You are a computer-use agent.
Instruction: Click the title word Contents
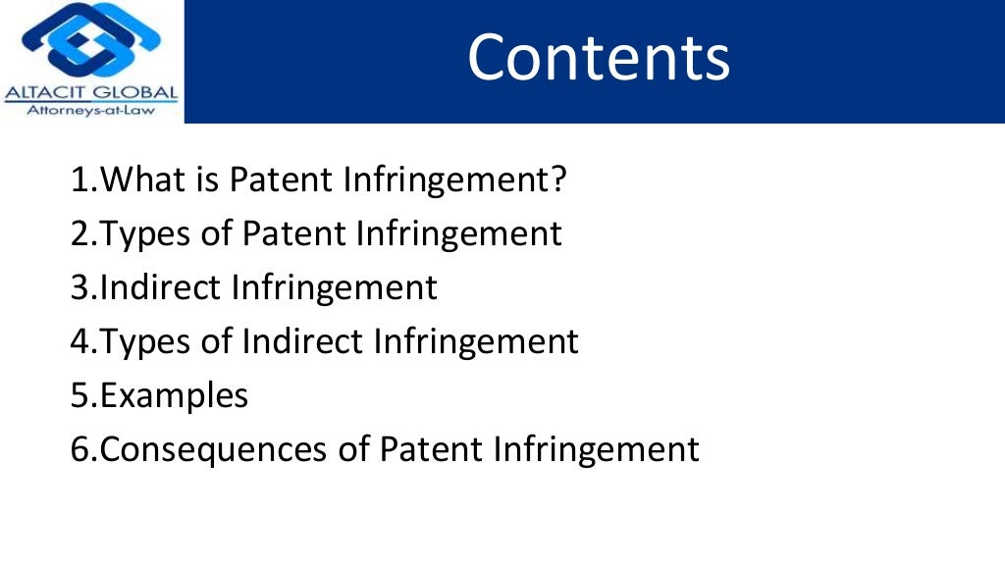[x=599, y=59]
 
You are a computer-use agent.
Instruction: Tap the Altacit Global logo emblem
[x=91, y=41]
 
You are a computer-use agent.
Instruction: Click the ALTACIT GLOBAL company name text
[x=91, y=94]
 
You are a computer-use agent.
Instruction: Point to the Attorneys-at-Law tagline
[x=91, y=111]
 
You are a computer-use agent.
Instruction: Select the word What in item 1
[x=139, y=180]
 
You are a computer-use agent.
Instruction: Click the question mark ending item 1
[x=558, y=180]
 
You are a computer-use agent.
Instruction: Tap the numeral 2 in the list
[x=79, y=234]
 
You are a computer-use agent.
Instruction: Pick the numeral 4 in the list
[x=80, y=342]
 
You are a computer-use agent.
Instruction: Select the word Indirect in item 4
[x=302, y=342]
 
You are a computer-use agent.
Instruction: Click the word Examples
[x=175, y=396]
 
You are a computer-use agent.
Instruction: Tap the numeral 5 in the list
[x=79, y=396]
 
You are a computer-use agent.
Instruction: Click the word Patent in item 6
[x=431, y=450]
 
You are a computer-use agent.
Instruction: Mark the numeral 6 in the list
[x=80, y=450]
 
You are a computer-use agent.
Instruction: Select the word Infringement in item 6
[x=597, y=450]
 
